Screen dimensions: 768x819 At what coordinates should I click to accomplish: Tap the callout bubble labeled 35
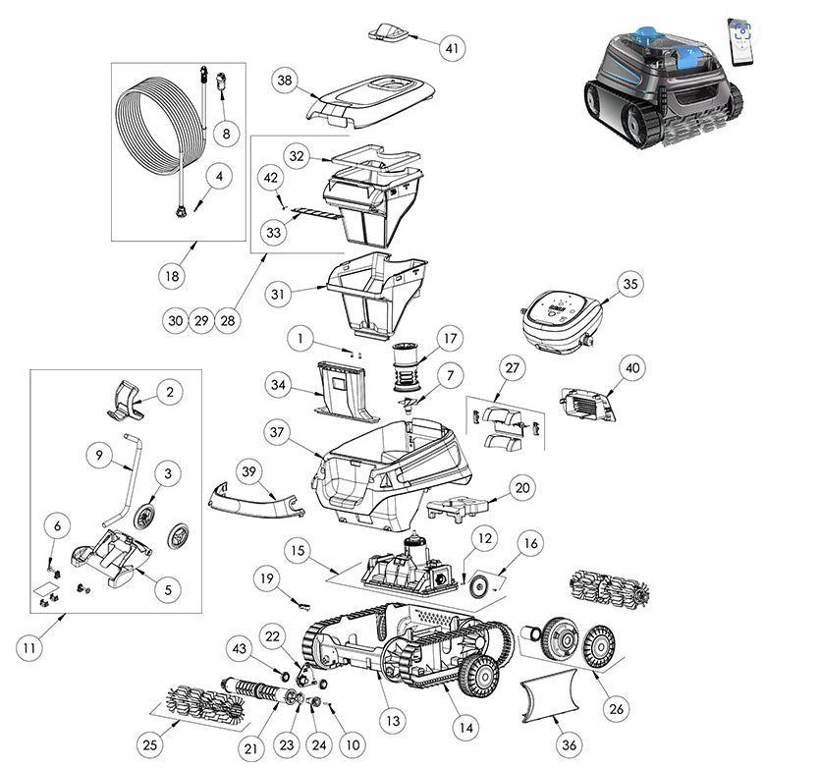click(630, 284)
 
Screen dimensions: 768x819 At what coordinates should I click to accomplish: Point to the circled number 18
click(173, 276)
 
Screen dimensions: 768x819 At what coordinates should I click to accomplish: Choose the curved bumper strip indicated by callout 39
click(257, 499)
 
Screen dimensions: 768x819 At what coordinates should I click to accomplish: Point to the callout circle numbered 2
click(169, 393)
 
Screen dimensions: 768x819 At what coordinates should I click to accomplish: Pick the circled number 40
click(631, 368)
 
